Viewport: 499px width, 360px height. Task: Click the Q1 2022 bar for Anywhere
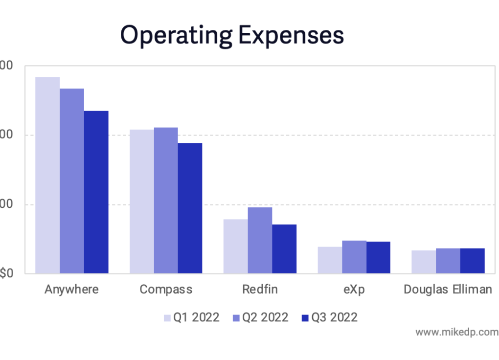pyautogui.click(x=47, y=175)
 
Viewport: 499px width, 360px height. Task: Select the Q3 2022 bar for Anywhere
pyautogui.click(x=96, y=192)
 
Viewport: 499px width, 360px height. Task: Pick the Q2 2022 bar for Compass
pyautogui.click(x=166, y=200)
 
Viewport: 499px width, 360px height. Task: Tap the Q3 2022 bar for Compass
pyautogui.click(x=190, y=208)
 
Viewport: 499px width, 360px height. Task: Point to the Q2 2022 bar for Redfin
pyautogui.click(x=260, y=240)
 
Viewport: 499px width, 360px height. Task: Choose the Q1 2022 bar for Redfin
pyautogui.click(x=236, y=246)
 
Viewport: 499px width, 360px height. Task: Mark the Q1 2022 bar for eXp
pyautogui.click(x=330, y=260)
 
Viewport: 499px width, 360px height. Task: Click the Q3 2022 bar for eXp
pyautogui.click(x=378, y=257)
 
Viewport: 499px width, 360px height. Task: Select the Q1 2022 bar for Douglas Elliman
pyautogui.click(x=424, y=262)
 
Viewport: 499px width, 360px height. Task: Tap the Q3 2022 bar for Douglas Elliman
pyautogui.click(x=472, y=261)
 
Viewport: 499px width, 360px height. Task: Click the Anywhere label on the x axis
pyautogui.click(x=71, y=289)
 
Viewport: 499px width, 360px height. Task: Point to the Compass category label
pyautogui.click(x=166, y=289)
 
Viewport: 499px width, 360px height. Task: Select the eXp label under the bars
pyautogui.click(x=354, y=289)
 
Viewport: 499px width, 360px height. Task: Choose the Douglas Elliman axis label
pyautogui.click(x=448, y=289)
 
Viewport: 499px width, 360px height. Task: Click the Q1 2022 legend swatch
pyautogui.click(x=167, y=318)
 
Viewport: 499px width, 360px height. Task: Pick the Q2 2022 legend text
pyautogui.click(x=265, y=317)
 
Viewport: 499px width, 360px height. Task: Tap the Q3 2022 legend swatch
pyautogui.click(x=305, y=318)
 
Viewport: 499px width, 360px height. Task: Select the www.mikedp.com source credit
pyautogui.click(x=457, y=332)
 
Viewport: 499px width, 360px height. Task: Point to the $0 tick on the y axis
pyautogui.click(x=6, y=273)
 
